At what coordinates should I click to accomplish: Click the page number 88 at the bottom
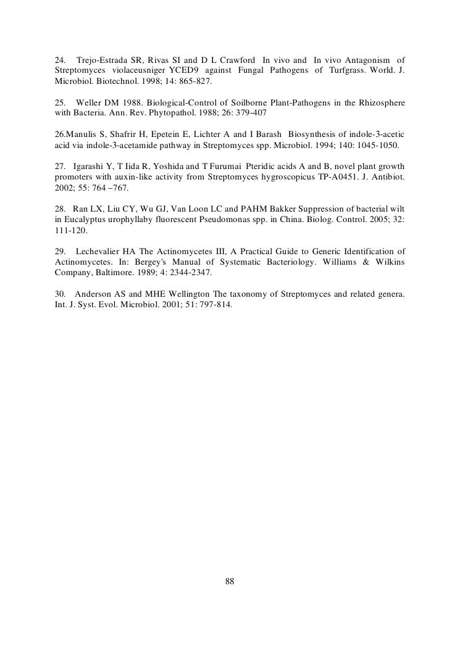coord(230,581)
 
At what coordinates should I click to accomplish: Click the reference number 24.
coord(60,60)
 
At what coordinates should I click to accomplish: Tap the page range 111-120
coord(71,231)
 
